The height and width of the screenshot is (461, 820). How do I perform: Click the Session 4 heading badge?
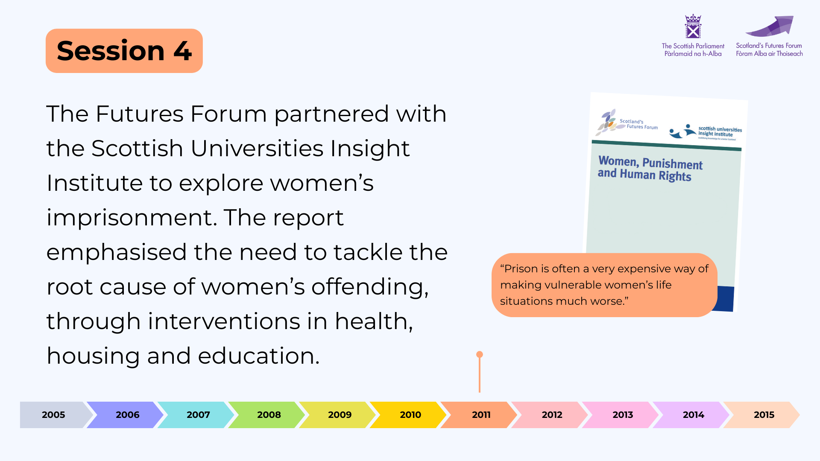click(124, 51)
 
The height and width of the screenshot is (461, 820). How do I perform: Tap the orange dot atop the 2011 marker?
click(480, 354)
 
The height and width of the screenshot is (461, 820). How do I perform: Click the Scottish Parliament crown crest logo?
click(693, 26)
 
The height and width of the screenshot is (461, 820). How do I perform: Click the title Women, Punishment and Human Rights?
click(650, 169)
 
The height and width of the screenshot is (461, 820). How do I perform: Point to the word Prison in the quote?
click(521, 268)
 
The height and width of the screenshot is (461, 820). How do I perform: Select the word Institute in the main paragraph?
click(94, 183)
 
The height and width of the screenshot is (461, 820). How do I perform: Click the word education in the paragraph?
click(259, 356)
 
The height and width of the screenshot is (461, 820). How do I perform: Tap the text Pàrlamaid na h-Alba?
click(693, 54)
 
